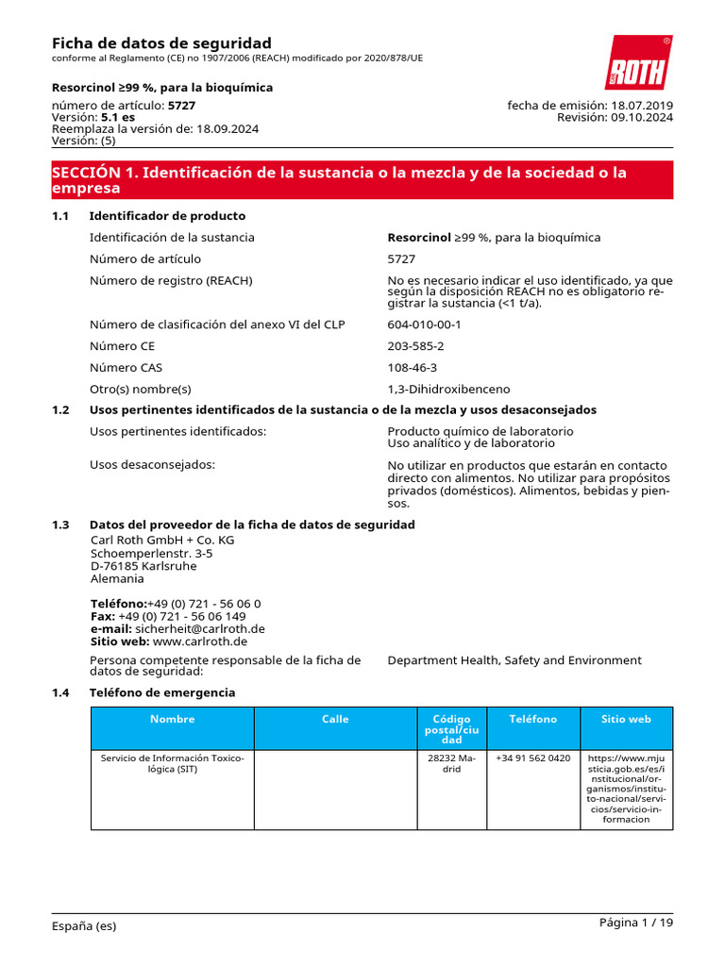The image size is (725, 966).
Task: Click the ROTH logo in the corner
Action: point(638,63)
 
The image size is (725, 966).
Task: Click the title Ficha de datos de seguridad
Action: point(161,43)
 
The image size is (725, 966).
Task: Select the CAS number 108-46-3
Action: point(412,368)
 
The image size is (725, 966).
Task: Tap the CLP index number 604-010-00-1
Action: point(424,325)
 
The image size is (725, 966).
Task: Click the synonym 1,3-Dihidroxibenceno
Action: point(448,389)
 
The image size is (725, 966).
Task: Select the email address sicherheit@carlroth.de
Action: point(198,628)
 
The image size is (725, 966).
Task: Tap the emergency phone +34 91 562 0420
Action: point(532,758)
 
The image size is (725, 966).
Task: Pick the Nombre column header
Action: point(172,719)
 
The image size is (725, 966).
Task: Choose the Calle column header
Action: point(335,719)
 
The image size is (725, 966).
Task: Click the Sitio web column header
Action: point(626,719)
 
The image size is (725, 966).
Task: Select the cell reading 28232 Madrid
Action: point(452,763)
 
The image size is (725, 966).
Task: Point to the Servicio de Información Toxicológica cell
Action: point(172,763)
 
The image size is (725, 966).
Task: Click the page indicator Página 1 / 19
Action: point(636,923)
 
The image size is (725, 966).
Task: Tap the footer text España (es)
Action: point(84,926)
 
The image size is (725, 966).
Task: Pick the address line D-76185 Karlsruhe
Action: point(143,566)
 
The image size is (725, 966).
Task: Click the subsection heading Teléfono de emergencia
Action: point(162,692)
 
